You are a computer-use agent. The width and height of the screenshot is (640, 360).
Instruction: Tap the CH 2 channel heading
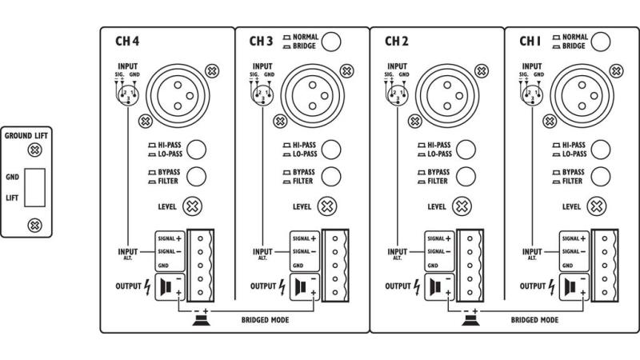click(397, 41)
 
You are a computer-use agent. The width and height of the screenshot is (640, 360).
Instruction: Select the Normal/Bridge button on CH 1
click(602, 41)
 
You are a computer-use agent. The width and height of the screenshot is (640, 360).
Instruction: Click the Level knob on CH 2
click(462, 206)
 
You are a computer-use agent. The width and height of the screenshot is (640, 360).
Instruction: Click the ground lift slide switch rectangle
click(34, 187)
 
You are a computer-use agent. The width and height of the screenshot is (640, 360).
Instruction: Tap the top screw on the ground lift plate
click(34, 150)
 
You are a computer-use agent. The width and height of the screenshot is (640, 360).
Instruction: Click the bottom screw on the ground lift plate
click(34, 225)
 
